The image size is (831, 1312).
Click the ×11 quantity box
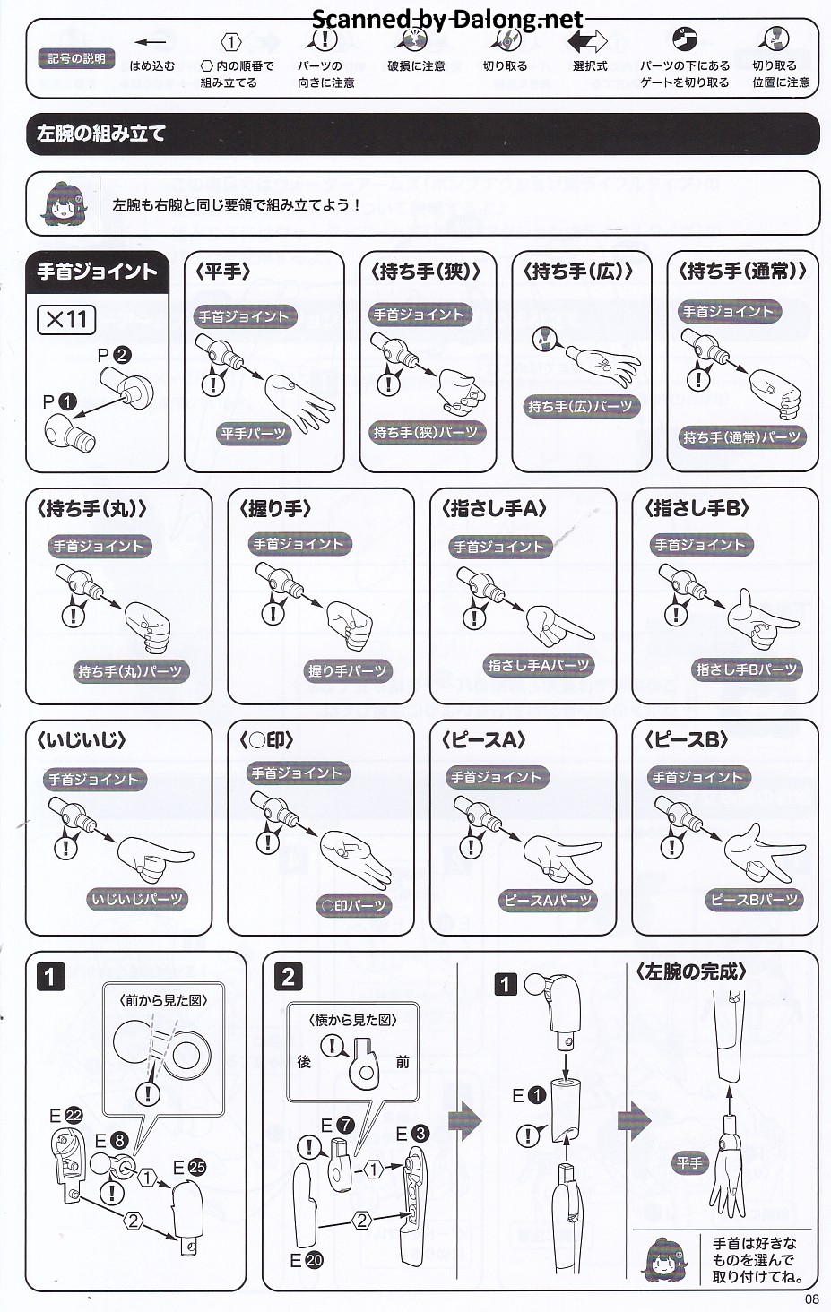pos(65,320)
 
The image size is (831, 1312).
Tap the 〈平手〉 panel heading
pos(222,272)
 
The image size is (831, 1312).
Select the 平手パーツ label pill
pos(253,434)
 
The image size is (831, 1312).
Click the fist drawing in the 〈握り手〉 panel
pos(350,625)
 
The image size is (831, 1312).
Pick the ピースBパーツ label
pos(754,899)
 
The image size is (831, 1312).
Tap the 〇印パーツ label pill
pos(354,905)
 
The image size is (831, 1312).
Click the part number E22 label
pos(65,1115)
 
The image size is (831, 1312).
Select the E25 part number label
pos(189,1168)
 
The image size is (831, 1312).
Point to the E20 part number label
pos(307,1260)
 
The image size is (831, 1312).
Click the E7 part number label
pos(338,1125)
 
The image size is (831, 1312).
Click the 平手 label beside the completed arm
pos(690,1162)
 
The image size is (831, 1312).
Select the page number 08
pos(811,1299)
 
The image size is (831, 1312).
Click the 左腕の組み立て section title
pos(100,134)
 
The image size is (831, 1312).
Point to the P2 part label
pos(114,355)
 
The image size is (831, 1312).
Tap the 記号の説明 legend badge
pos(76,58)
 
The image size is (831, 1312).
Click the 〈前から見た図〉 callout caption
pos(163,1000)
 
